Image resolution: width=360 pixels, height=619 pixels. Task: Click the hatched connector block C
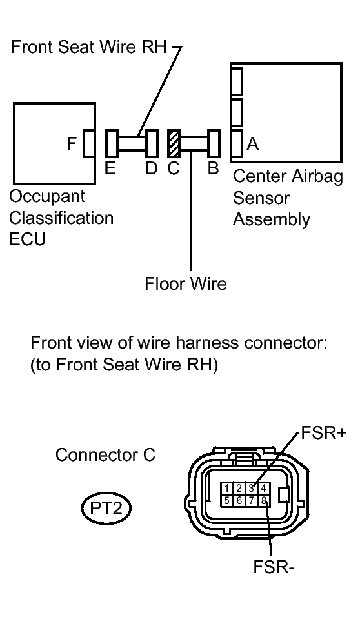tap(174, 143)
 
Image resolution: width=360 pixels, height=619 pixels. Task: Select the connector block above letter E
tap(112, 143)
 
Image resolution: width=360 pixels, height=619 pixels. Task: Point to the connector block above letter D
tap(152, 143)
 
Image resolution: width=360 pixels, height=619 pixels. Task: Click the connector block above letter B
tap(213, 143)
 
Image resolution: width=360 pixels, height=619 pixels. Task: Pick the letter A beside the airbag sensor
tap(253, 144)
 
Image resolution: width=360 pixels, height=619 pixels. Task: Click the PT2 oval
tap(106, 508)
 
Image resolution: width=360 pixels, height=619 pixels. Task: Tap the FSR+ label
tap(323, 433)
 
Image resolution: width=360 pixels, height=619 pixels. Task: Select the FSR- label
tap(274, 567)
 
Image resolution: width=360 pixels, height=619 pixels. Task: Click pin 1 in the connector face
tap(226, 489)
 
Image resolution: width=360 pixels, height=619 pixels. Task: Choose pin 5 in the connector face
tap(226, 501)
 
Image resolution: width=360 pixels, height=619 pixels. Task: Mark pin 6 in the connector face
tap(239, 501)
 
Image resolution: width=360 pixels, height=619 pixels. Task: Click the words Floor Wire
tap(186, 284)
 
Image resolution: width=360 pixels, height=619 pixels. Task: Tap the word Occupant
tap(47, 197)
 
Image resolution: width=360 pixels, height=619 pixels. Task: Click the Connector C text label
tap(105, 455)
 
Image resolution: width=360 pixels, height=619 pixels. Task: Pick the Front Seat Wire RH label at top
tap(89, 46)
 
